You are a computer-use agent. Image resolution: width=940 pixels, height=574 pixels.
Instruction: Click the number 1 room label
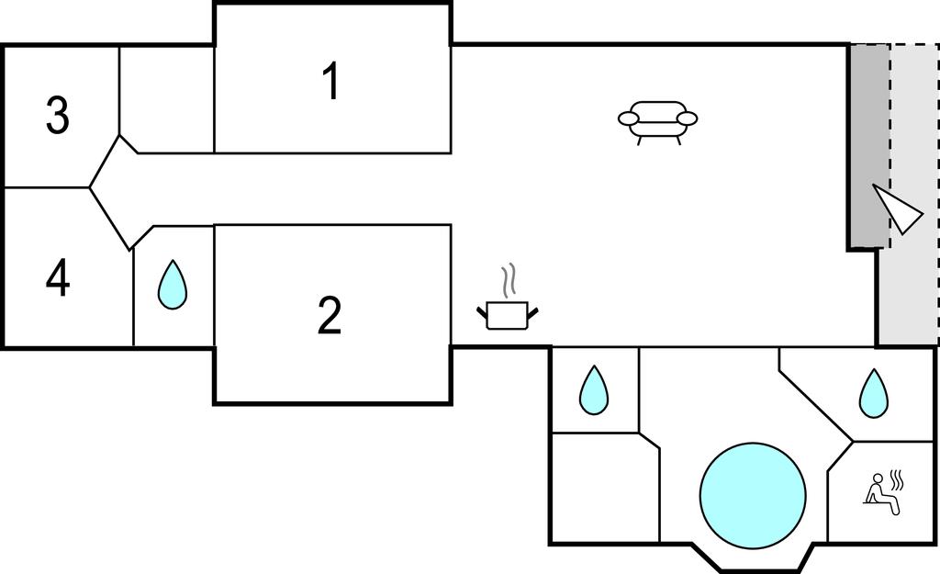coord(331,82)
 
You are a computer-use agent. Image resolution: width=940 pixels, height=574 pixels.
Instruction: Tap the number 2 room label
coord(330,315)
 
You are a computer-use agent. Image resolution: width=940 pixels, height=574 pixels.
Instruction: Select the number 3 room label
coord(58,117)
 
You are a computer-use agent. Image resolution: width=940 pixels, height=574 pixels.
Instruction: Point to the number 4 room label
coord(58,278)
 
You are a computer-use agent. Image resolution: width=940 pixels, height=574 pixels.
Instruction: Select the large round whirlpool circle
coord(753,495)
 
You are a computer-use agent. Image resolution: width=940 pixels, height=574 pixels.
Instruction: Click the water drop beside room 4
coord(172,284)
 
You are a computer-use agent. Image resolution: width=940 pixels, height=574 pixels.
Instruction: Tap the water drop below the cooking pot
coord(594,389)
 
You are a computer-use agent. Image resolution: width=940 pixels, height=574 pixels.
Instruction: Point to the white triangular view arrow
coord(899,210)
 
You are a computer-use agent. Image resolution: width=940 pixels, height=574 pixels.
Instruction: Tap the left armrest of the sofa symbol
coord(629,118)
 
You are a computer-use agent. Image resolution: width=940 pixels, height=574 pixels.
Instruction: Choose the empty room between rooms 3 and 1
coord(167,96)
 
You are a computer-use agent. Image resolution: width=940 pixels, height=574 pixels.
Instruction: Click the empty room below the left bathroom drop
coord(603,488)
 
